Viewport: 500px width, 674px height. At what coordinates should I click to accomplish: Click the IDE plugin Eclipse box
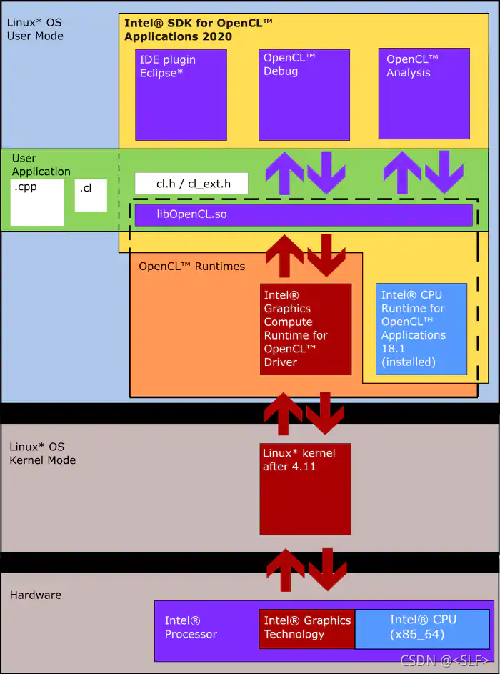pos(181,94)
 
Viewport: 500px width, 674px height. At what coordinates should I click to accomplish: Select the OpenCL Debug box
pos(304,94)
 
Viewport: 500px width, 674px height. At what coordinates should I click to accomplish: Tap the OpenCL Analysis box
pos(424,94)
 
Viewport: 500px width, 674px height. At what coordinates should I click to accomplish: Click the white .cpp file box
pos(38,202)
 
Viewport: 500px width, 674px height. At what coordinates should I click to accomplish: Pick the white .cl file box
pos(91,195)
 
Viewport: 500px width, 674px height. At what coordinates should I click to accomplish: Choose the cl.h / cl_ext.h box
pos(191,184)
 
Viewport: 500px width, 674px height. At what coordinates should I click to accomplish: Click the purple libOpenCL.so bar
pos(304,214)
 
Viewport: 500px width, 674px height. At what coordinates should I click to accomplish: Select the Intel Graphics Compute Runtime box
pos(306,329)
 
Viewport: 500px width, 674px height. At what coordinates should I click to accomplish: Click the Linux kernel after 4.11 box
pos(305,489)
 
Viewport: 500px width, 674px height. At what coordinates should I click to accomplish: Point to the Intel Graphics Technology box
pos(307,628)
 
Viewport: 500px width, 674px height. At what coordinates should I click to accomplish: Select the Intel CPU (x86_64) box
pos(422,628)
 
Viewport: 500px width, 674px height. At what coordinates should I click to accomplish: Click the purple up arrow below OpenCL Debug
pos(284,172)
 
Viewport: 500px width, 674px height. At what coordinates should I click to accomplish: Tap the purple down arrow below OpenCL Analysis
pos(444,172)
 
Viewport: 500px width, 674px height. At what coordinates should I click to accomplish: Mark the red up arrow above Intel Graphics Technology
pos(286,570)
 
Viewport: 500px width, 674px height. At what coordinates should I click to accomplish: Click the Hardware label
pos(36,595)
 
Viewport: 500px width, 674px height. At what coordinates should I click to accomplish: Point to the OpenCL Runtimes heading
pos(191,267)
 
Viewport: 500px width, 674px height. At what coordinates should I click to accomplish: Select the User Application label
pos(41,165)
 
